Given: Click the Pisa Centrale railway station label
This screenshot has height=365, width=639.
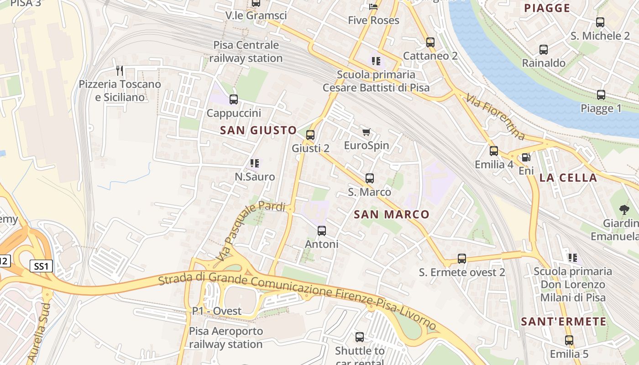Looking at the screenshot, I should [x=246, y=52].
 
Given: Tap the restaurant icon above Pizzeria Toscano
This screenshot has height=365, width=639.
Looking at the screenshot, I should [x=120, y=70].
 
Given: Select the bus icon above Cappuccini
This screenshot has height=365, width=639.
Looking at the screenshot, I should [x=234, y=99].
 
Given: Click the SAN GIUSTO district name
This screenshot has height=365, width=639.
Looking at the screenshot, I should [x=258, y=130].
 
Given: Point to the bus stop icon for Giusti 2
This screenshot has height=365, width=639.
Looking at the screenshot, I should [x=310, y=135].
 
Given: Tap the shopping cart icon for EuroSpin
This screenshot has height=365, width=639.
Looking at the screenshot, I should [x=366, y=132].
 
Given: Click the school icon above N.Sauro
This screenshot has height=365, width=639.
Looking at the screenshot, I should [x=255, y=163].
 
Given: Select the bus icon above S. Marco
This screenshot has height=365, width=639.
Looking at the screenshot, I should [x=370, y=178].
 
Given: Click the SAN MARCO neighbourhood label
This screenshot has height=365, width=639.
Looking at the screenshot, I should [x=392, y=214].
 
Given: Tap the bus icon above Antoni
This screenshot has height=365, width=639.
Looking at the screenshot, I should [x=322, y=231].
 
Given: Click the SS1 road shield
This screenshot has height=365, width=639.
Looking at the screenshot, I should [x=41, y=266].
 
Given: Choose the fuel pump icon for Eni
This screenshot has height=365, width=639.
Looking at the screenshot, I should [x=526, y=157].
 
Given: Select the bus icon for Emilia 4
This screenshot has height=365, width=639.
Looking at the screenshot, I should [x=494, y=151].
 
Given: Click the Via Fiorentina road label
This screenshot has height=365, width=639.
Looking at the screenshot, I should [x=495, y=116].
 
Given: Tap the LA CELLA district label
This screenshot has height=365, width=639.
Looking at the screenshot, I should [x=568, y=178].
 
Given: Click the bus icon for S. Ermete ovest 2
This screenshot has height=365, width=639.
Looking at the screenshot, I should [x=462, y=259].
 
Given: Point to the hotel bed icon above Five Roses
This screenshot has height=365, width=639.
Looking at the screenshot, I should [x=373, y=7].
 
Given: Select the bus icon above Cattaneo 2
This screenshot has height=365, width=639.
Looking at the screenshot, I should [x=430, y=42].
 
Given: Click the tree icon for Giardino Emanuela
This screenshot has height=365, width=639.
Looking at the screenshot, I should [x=624, y=210].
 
